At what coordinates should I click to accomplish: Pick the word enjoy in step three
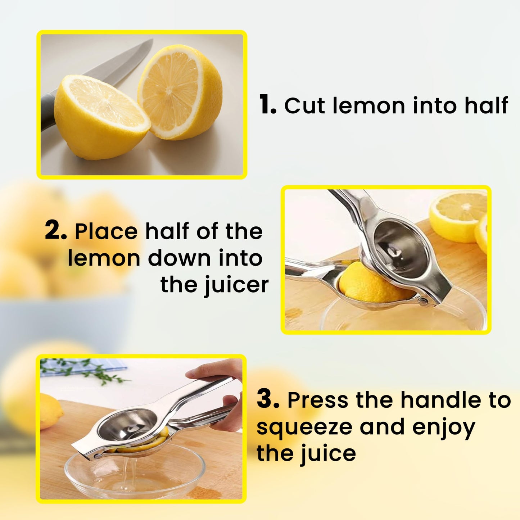pos(443,427)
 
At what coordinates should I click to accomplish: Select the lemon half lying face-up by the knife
pos(101,115)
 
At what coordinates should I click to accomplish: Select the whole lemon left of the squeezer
pos(50,410)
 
